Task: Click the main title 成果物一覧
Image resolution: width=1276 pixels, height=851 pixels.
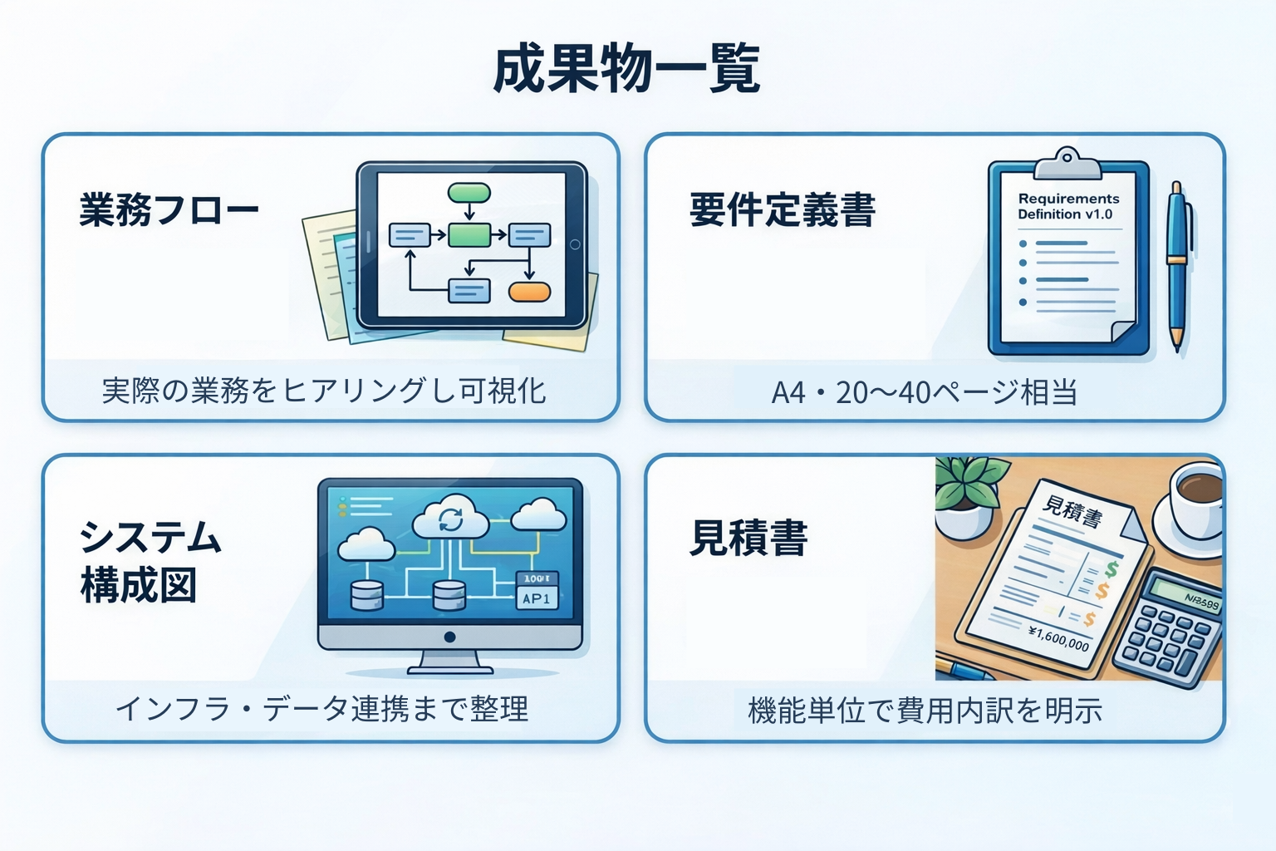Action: [627, 69]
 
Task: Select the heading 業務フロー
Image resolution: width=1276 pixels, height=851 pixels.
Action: [169, 209]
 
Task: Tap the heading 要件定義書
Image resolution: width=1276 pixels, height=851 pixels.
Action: [782, 209]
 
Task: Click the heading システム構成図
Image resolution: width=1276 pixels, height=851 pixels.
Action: [150, 562]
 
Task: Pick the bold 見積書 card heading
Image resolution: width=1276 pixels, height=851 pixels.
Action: [748, 538]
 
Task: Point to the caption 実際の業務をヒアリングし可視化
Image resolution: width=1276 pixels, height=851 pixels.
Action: [324, 391]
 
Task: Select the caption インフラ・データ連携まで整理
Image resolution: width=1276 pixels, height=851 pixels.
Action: [322, 709]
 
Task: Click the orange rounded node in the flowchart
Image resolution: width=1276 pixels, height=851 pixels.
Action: [529, 292]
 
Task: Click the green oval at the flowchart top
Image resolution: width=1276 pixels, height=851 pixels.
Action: [469, 193]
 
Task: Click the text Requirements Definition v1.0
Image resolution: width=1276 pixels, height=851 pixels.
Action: [1067, 206]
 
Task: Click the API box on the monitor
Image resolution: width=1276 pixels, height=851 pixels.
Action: [537, 598]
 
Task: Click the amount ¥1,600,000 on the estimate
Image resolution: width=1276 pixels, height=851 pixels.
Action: [1058, 638]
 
